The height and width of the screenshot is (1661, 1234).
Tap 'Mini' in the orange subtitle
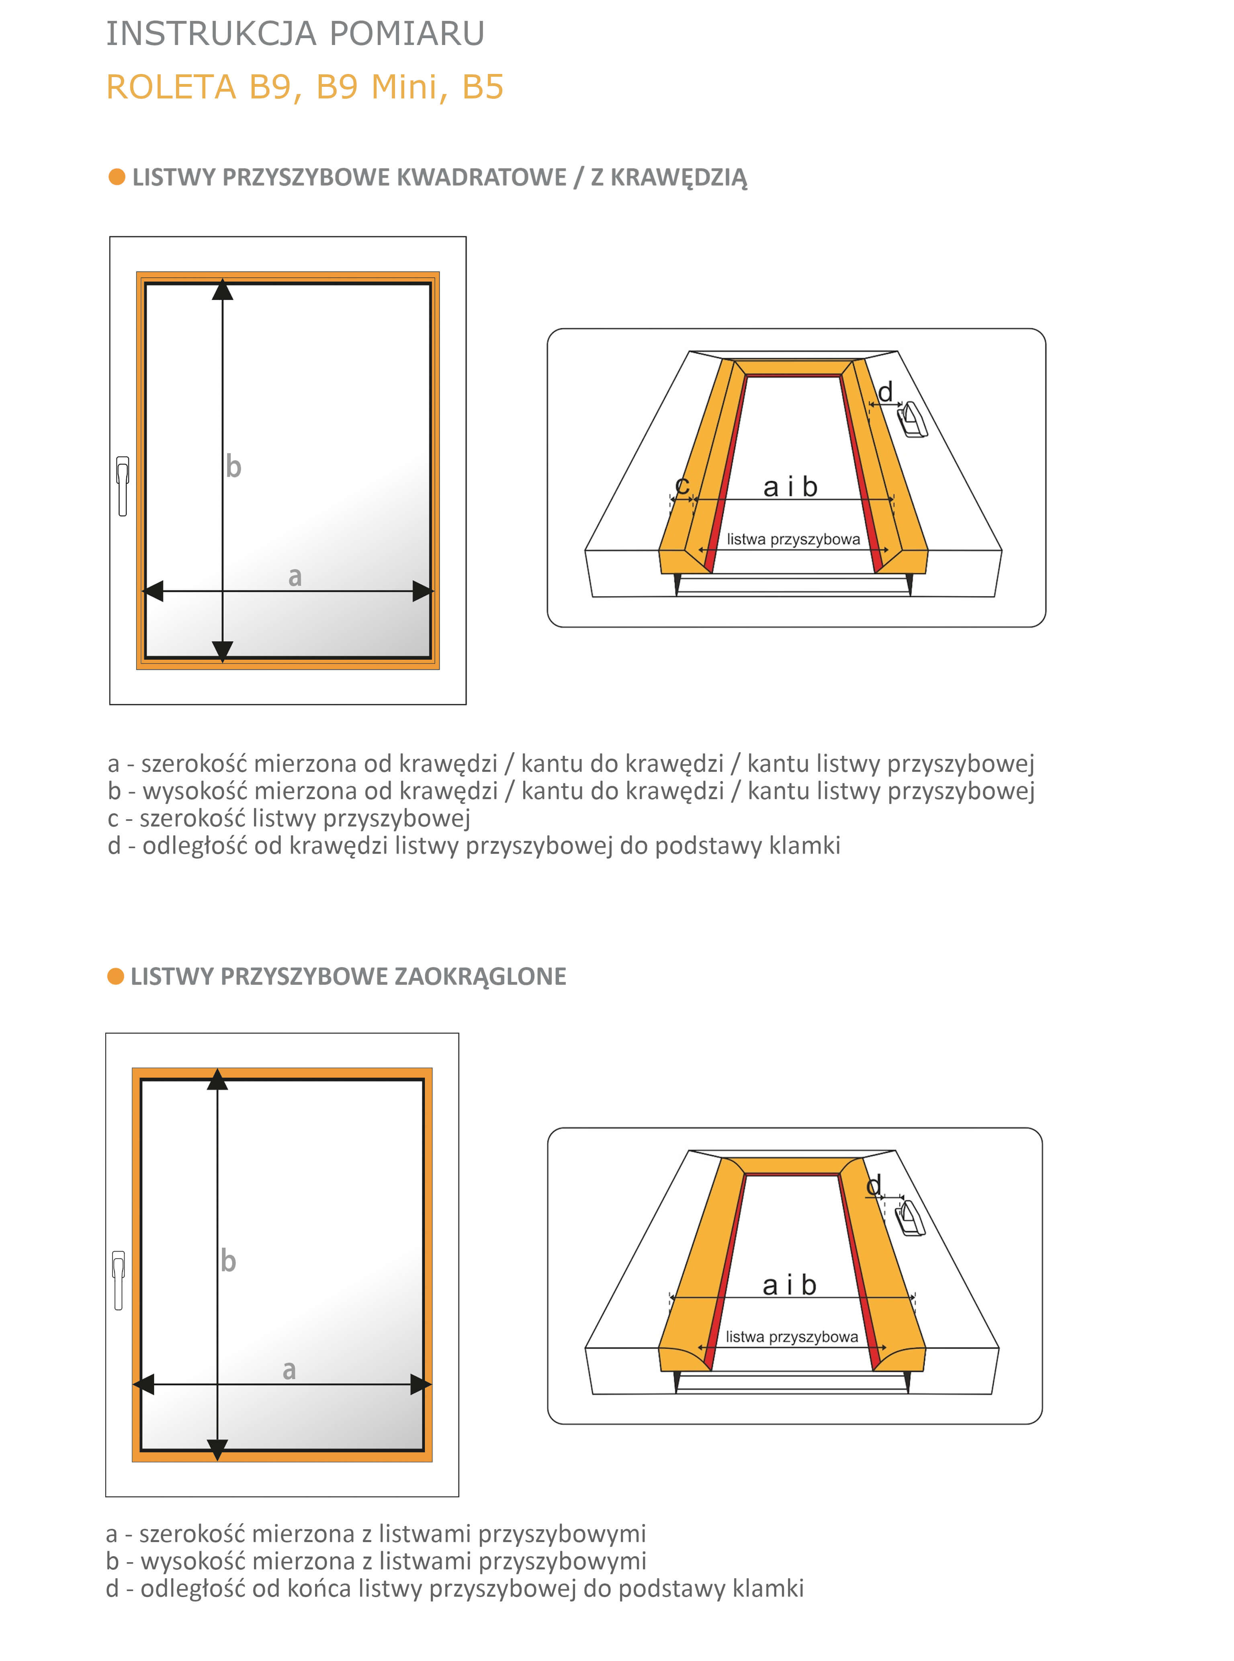point(404,87)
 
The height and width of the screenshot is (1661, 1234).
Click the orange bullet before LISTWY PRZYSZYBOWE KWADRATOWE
point(117,177)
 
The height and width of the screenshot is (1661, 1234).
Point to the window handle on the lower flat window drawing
point(118,1280)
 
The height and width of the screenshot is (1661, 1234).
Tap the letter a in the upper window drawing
point(295,577)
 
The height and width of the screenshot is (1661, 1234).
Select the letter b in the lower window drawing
point(228,1261)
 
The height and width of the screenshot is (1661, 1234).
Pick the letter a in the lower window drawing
point(289,1370)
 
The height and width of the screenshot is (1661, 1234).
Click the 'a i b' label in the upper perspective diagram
point(790,487)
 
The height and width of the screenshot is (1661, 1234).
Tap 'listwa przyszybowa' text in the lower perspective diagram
point(792,1336)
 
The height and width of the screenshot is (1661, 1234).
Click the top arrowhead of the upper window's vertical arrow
point(223,290)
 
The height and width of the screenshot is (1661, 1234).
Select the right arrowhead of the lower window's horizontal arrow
point(421,1384)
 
